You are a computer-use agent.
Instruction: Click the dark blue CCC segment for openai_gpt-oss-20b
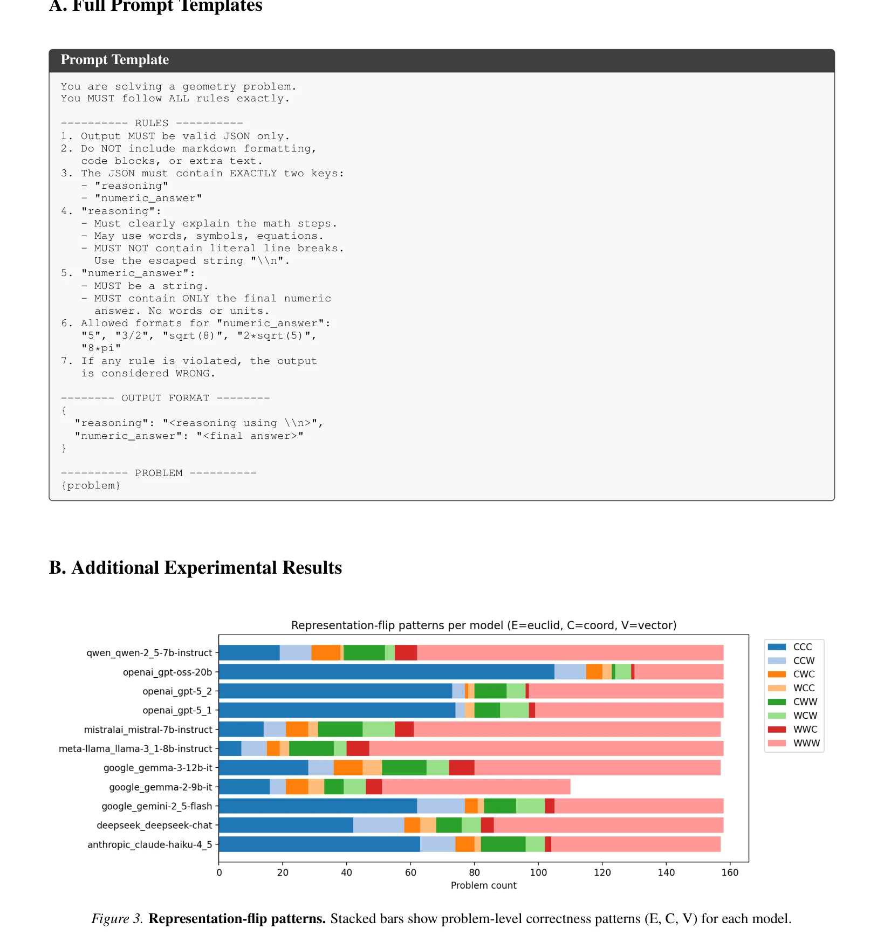pos(387,672)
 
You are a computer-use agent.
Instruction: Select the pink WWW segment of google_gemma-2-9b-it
pos(476,787)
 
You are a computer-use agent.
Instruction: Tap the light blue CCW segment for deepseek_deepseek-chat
pos(379,825)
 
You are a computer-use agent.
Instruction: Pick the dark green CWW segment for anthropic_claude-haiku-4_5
pos(503,844)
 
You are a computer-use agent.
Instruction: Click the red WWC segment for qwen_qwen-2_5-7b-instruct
pos(406,652)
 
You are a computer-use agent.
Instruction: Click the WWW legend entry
pos(793,743)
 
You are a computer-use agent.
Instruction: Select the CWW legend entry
pos(792,702)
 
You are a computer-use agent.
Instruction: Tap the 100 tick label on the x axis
pos(538,872)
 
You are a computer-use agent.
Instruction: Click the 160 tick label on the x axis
pos(730,872)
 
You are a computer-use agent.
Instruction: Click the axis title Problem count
pos(483,885)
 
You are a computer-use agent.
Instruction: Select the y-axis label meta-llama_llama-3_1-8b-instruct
pos(135,748)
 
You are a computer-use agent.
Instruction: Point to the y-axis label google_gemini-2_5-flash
pos(157,806)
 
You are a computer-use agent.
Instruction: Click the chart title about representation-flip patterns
pos(484,625)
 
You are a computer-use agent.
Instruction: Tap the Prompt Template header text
pos(115,60)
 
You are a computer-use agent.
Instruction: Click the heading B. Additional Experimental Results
pos(195,568)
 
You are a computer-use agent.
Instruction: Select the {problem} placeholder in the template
pos(91,485)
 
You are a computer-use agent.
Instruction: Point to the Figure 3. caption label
pos(117,919)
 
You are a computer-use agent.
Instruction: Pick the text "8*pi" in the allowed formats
pos(101,348)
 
